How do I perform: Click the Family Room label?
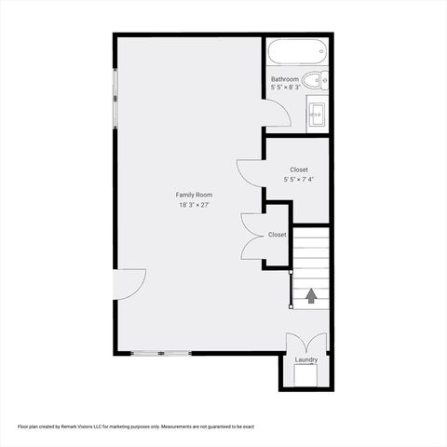[x=195, y=195]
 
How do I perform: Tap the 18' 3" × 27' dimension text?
[x=195, y=205]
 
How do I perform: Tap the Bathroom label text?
[x=285, y=80]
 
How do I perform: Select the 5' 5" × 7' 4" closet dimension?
[x=299, y=179]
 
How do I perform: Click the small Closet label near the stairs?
[x=278, y=235]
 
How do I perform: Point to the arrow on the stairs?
[x=311, y=295]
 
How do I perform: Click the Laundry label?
[x=306, y=359]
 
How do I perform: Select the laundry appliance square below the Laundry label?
[x=306, y=375]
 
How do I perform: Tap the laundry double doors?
[x=305, y=342]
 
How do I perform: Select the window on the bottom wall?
[x=161, y=353]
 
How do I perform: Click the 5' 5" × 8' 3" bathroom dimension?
[x=285, y=88]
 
